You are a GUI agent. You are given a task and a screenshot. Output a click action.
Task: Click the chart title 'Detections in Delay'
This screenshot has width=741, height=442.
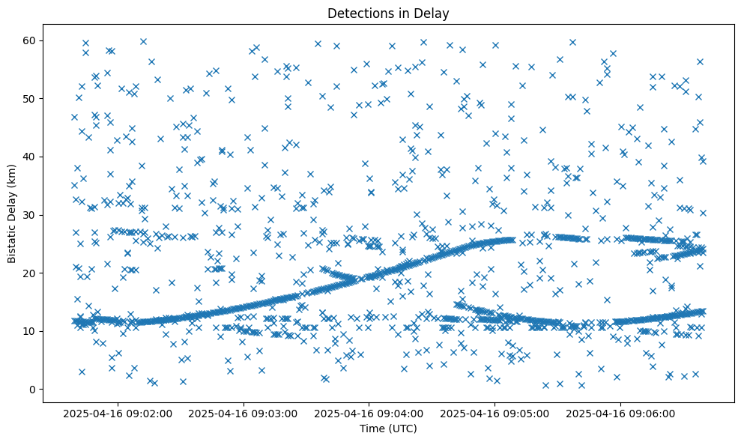click(x=388, y=13)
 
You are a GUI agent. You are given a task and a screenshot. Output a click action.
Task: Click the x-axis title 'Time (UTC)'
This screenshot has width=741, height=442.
click(x=388, y=429)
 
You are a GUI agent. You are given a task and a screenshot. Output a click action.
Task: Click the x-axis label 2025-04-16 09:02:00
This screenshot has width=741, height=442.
click(x=118, y=413)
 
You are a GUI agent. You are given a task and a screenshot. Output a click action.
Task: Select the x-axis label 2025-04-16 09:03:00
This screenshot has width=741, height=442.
click(x=244, y=413)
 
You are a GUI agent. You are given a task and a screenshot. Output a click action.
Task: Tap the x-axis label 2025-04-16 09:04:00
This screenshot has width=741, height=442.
click(x=369, y=413)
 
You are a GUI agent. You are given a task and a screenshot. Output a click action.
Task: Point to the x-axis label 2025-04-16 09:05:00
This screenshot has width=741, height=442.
click(x=495, y=413)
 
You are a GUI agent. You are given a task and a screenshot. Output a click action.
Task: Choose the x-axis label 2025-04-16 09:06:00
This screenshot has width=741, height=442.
click(x=621, y=413)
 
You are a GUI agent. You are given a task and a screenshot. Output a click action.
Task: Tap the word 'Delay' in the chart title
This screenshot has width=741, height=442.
click(x=433, y=13)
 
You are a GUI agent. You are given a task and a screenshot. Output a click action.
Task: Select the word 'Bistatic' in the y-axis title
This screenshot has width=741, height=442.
click(x=11, y=243)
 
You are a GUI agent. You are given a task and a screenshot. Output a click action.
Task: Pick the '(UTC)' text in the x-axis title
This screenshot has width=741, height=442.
click(x=402, y=429)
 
